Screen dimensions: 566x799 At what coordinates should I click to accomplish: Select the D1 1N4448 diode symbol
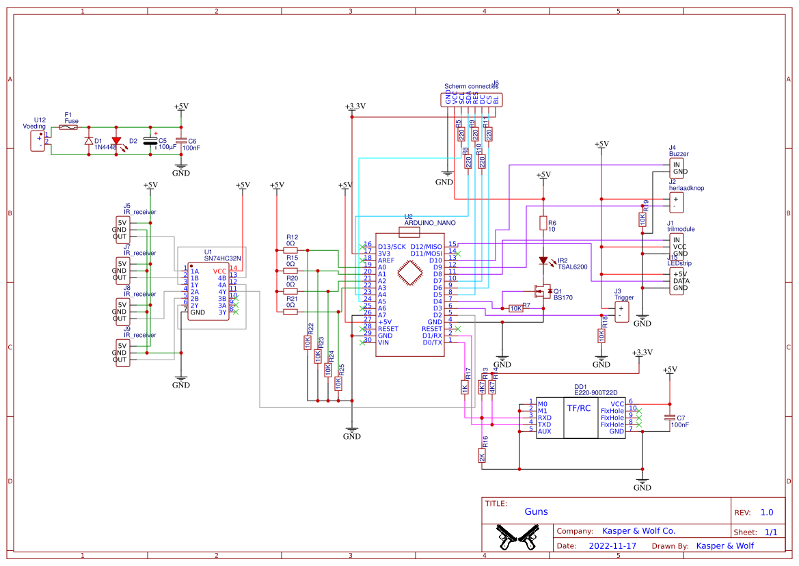(88, 141)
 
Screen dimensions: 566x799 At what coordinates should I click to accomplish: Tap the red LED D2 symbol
(116, 141)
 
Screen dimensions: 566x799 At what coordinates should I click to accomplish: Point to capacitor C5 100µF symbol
(150, 141)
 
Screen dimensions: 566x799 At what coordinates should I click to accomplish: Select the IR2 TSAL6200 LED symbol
(543, 260)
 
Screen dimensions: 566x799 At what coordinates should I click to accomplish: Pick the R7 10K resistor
(516, 308)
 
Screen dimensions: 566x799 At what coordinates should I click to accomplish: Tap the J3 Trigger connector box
(621, 312)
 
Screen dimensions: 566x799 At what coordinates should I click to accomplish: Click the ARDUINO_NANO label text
(430, 223)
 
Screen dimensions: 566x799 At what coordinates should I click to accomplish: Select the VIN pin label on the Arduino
(383, 342)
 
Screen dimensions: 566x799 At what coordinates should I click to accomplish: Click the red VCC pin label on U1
(219, 271)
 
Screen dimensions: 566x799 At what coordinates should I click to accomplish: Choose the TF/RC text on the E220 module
(579, 408)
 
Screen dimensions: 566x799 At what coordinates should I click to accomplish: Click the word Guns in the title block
(536, 511)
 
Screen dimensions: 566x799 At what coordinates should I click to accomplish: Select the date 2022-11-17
(612, 545)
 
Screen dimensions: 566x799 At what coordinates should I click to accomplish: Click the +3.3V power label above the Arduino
(355, 107)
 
